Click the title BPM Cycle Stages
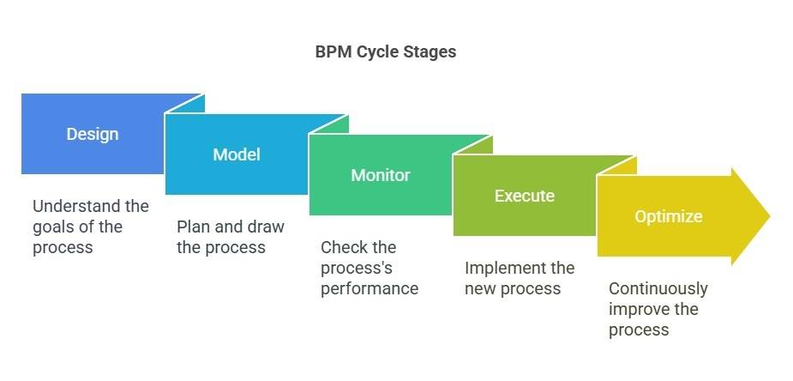[386, 51]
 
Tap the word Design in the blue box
[93, 134]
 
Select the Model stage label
[237, 154]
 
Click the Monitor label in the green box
[381, 175]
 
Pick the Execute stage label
[525, 196]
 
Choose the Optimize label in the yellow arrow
[669, 216]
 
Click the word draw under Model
[263, 227]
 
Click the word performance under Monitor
[369, 288]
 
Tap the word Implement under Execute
[504, 268]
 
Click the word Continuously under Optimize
[658, 288]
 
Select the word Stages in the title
[430, 51]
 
